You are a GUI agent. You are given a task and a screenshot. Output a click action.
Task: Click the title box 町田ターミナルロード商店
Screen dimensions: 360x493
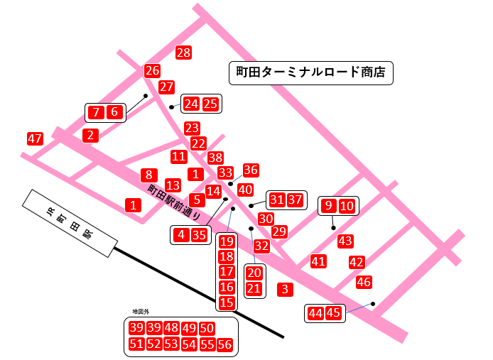click(x=310, y=72)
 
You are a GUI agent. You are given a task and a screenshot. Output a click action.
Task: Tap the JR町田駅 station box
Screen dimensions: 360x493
click(x=69, y=223)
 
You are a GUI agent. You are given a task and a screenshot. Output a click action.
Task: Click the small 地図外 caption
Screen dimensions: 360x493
click(x=141, y=312)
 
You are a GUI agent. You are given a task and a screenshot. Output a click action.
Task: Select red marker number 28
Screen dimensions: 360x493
click(x=184, y=53)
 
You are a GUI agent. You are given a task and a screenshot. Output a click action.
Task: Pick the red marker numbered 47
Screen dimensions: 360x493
click(x=35, y=138)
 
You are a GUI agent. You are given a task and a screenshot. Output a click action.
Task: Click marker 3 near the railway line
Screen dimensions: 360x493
click(x=285, y=289)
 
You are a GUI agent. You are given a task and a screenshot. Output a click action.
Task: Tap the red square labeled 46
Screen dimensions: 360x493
click(x=364, y=282)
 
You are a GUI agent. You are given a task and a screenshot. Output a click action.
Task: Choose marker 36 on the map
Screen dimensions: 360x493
click(x=251, y=170)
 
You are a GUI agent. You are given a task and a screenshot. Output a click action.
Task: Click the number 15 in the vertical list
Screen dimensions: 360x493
click(x=227, y=303)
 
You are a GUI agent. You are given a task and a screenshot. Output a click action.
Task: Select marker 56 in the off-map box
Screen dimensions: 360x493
click(x=224, y=344)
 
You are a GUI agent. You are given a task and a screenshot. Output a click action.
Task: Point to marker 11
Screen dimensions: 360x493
click(x=179, y=156)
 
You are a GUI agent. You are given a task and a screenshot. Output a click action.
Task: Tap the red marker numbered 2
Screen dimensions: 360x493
click(x=90, y=135)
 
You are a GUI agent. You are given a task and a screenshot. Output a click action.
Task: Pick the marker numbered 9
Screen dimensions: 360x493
click(x=328, y=206)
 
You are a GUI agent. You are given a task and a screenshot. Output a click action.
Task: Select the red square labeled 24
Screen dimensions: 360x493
click(x=191, y=104)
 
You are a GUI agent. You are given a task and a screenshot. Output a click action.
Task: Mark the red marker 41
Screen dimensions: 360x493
click(x=318, y=261)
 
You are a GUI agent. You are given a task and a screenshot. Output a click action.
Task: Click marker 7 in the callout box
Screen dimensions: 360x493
click(x=96, y=111)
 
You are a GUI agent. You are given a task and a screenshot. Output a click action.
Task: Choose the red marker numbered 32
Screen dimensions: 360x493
click(x=261, y=246)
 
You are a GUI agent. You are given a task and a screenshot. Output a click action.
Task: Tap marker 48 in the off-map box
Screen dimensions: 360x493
click(x=171, y=328)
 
